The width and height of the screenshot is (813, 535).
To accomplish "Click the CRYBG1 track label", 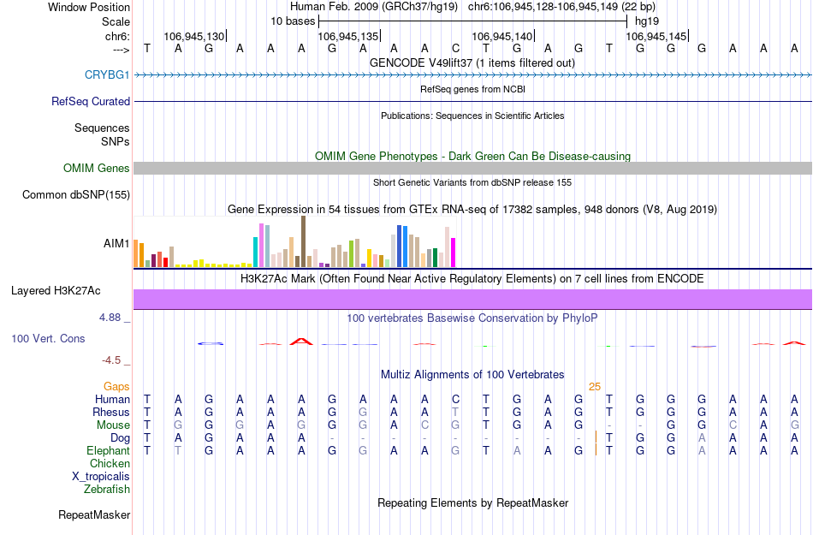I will (x=107, y=75).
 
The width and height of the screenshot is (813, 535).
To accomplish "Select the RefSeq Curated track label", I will (x=91, y=101).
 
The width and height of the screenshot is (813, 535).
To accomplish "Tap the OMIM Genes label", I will (x=96, y=169).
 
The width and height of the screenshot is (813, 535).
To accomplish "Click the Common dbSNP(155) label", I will (x=75, y=195).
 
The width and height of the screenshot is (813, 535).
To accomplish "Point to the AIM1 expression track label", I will (x=116, y=244).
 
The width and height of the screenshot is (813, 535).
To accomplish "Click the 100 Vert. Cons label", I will (x=48, y=339).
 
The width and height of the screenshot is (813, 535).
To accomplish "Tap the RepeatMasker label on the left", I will (x=94, y=515).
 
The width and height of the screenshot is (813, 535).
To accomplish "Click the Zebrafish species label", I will (x=107, y=490).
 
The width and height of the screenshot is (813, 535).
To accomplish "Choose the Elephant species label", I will (x=108, y=451).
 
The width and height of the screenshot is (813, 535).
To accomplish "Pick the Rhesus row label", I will (x=111, y=413).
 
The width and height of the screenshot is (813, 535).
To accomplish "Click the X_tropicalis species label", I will (x=101, y=477).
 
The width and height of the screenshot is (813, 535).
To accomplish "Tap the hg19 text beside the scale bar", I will (x=646, y=20).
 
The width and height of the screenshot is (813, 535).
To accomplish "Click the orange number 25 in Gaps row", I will (x=595, y=387).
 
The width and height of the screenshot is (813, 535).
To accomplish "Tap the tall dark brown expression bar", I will (x=303, y=241).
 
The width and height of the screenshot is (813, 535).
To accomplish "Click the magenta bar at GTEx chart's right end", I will (x=454, y=253).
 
